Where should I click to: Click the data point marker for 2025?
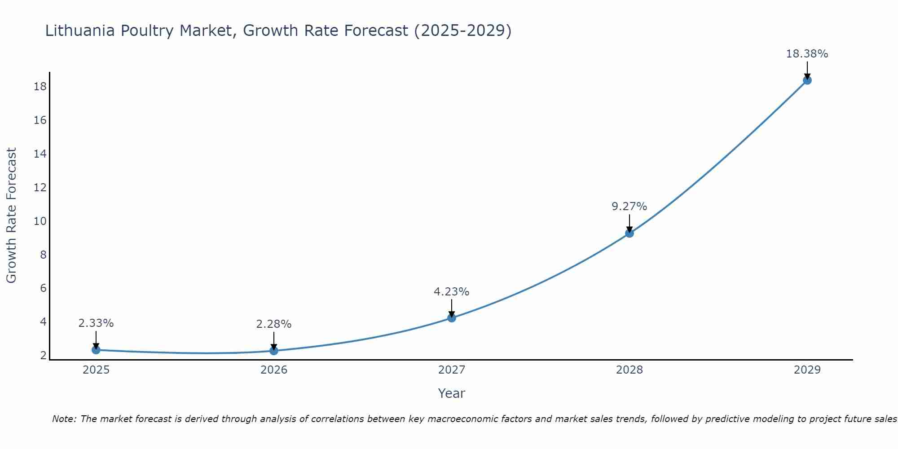(96, 350)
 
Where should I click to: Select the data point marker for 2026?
(274, 351)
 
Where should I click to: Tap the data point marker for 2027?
(452, 318)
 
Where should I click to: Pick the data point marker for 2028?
(629, 233)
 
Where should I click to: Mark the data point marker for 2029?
(807, 80)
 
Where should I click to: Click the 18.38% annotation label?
(807, 54)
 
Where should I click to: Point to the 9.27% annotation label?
(629, 207)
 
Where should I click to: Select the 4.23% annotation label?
(451, 292)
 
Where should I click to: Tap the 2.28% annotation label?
(274, 324)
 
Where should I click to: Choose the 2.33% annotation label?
(96, 323)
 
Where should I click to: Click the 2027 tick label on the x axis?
(452, 370)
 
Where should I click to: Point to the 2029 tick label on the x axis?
(807, 370)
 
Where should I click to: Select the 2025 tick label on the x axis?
(96, 370)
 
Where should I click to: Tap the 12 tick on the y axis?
(40, 187)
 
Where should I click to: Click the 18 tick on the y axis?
(40, 87)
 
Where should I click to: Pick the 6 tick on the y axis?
(43, 288)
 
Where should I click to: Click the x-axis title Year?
(451, 393)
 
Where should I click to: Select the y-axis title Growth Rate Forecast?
(11, 216)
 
